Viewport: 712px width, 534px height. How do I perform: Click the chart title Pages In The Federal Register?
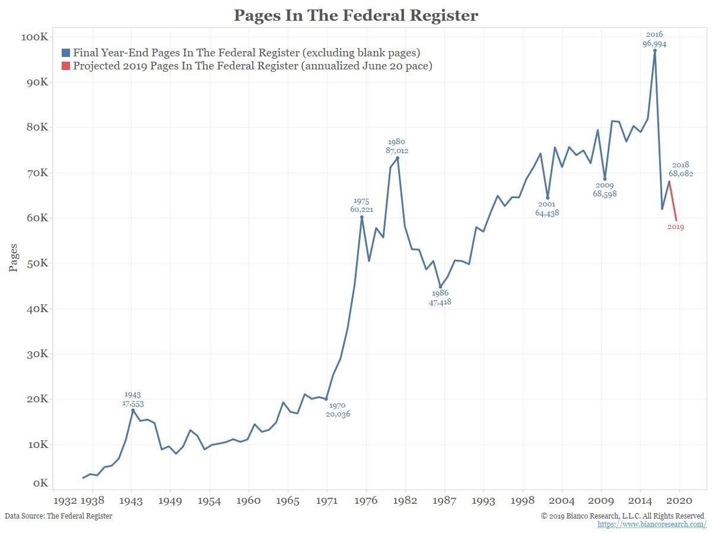[355, 15]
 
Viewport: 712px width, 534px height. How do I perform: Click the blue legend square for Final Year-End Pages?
[66, 53]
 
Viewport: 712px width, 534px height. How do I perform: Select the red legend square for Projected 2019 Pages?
[66, 66]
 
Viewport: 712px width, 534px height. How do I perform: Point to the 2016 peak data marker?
[654, 50]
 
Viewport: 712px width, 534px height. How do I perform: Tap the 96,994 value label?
[654, 43]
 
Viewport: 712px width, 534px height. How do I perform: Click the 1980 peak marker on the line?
[398, 158]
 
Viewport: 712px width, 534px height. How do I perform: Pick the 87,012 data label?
[397, 151]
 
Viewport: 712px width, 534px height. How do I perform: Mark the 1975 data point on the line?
[361, 217]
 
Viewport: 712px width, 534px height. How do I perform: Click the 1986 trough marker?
[440, 287]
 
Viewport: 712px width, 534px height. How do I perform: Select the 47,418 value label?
[440, 302]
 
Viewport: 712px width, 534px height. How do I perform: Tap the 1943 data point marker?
[133, 410]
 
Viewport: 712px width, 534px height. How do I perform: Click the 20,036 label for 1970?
[338, 414]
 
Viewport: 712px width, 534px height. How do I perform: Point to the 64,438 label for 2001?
[547, 213]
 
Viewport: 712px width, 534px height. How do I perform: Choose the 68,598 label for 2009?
[605, 194]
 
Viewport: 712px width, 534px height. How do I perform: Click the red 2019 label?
[675, 227]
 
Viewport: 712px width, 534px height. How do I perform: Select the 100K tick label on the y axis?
[34, 37]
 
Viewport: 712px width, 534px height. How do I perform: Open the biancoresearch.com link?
[651, 525]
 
